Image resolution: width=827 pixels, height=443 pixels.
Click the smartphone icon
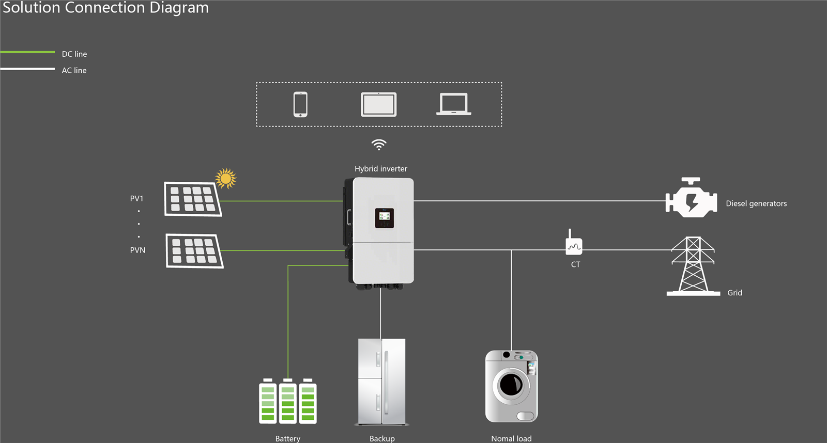coord(300,104)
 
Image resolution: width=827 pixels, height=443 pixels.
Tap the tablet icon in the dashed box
coord(379,104)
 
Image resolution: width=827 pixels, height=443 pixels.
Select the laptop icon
coord(454,104)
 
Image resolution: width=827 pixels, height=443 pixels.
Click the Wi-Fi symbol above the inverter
coord(379,145)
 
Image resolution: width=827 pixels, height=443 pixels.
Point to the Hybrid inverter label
coord(380,169)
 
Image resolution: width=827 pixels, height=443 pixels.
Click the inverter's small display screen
coord(385,218)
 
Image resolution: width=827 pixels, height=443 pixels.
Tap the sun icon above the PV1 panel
coord(226,178)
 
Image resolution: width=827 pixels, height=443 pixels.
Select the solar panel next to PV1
coord(193,199)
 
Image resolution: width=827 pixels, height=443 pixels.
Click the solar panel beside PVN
coord(194,251)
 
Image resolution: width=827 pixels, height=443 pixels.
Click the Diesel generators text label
coord(756,203)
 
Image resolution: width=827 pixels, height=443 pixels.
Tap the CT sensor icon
coord(574,245)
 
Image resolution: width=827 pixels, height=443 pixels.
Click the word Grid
coord(734,293)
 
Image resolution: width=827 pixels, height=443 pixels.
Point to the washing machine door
coord(511,384)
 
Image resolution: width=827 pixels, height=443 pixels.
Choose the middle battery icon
coord(288,402)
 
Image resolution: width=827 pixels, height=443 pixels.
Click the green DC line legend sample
coord(28,52)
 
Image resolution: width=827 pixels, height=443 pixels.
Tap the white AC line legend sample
coord(28,69)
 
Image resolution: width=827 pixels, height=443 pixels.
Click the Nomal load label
coord(511,438)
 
